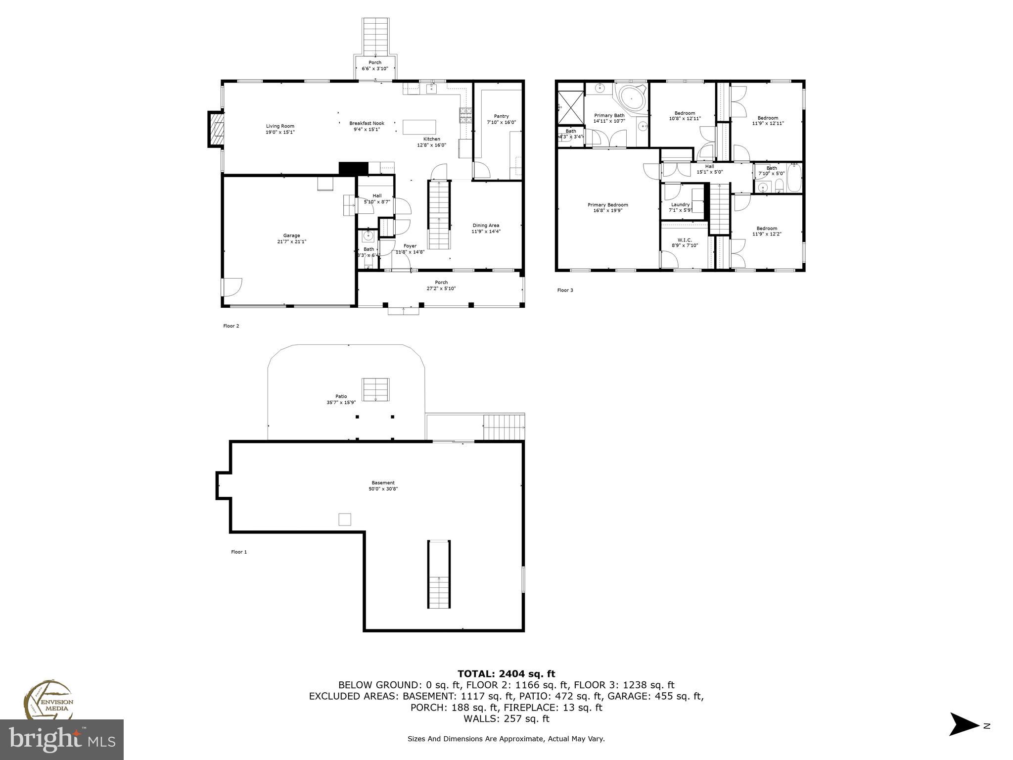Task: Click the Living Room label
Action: (280, 126)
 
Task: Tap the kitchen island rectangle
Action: (419, 127)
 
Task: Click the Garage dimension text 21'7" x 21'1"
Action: (292, 242)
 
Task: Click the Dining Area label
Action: (485, 225)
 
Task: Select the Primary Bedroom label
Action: (607, 205)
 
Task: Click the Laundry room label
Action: (680, 204)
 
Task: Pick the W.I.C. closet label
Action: (685, 239)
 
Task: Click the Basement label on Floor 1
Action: (383, 483)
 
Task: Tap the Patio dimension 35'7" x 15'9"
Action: (341, 402)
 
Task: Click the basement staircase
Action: (439, 574)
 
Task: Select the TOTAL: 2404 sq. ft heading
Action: (506, 674)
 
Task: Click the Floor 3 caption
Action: (565, 290)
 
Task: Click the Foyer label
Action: (410, 246)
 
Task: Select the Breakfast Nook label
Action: (367, 123)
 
